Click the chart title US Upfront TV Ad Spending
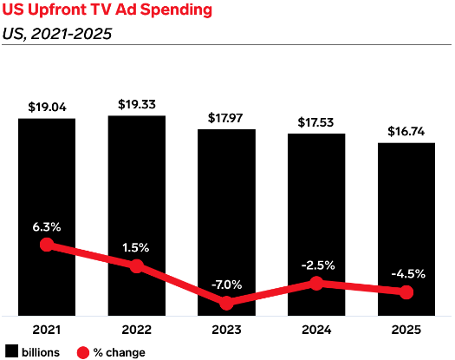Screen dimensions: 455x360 [x=107, y=10]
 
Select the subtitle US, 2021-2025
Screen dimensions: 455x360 [x=57, y=34]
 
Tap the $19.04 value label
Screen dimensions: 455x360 [x=47, y=107]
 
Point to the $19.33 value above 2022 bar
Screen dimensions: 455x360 [x=137, y=104]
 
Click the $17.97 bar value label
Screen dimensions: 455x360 [x=225, y=118]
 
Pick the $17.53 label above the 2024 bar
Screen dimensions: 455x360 [x=315, y=122]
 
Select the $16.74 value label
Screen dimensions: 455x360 [x=406, y=131]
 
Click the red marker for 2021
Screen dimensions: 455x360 [x=47, y=245]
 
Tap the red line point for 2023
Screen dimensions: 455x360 [x=226, y=303]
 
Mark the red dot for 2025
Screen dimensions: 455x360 [x=406, y=292]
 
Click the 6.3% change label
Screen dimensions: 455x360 [x=47, y=227]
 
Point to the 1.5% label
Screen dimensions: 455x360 [x=135, y=247]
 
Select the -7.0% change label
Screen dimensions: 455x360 [x=226, y=285]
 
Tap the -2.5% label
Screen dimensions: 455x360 [x=318, y=265]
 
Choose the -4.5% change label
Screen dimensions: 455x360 [x=408, y=274]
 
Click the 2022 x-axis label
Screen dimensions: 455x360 [x=136, y=330]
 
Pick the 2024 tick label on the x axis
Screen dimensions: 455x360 [x=316, y=330]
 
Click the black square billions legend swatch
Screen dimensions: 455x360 [x=11, y=351]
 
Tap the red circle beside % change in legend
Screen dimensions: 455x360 [x=83, y=352]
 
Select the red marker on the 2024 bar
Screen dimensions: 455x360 [x=316, y=283]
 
